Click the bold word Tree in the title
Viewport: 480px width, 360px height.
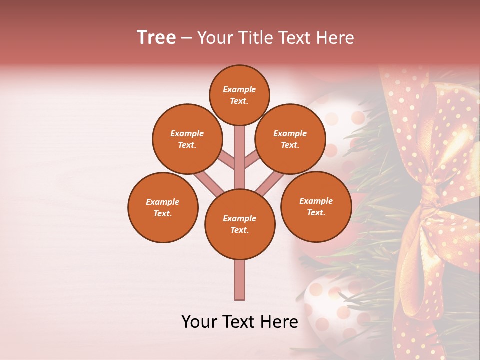tap(156, 38)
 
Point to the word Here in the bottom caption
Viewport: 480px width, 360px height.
tap(280, 322)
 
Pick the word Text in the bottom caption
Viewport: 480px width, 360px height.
tap(240, 322)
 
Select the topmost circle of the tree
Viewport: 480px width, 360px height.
tap(239, 95)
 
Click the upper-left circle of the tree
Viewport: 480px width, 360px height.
tap(187, 139)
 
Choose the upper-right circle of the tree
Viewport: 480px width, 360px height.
tap(290, 139)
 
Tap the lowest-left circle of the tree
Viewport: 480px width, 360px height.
tap(163, 207)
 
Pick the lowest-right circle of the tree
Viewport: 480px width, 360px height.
tap(316, 206)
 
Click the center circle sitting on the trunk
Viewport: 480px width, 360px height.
tap(240, 224)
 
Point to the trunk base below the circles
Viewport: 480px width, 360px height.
tap(240, 280)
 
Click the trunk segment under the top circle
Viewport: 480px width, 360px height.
tap(240, 150)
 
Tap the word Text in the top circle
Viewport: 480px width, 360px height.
tap(239, 101)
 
